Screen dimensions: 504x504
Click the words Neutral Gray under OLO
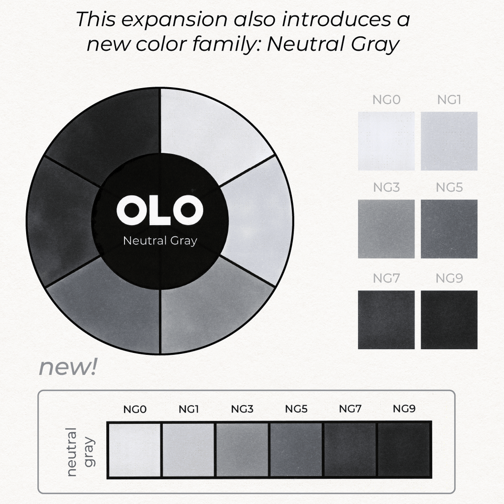160,241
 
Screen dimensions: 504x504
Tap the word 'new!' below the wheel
68,367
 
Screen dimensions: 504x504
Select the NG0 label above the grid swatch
386,100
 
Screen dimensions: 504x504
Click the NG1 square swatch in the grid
449,141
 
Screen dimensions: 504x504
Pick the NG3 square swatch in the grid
386,229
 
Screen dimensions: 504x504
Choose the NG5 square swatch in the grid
449,229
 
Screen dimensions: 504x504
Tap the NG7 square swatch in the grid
386,320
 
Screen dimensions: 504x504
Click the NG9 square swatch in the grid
449,320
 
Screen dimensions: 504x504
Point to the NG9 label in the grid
449,279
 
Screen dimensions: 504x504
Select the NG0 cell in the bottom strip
135,450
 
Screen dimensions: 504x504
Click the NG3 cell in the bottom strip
242,450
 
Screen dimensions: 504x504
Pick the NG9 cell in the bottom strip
404,450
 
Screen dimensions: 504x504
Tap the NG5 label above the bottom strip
296,409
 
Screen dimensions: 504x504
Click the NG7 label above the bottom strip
350,409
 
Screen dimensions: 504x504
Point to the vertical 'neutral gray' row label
81,452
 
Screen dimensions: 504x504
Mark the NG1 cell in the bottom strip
189,450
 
